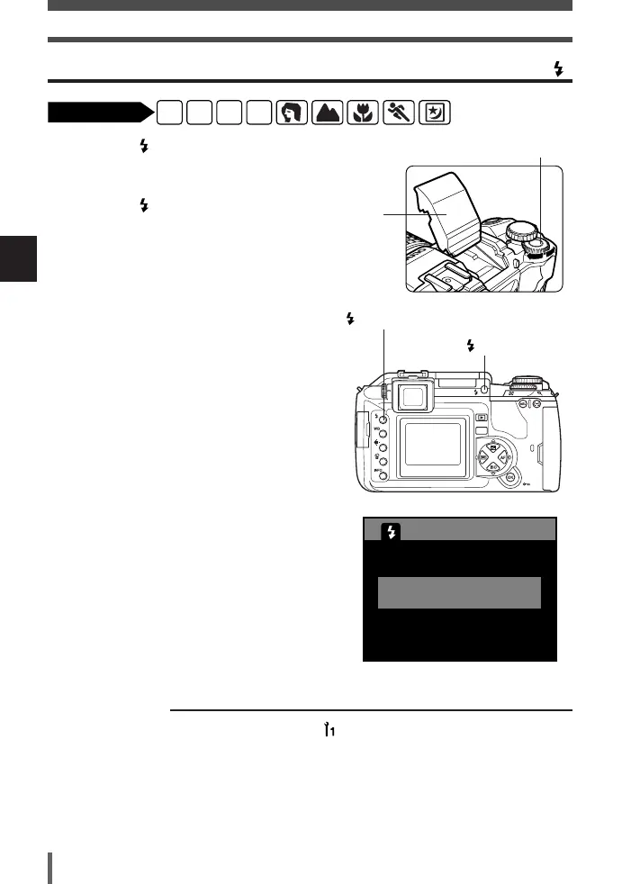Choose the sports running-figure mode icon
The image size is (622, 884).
(398, 112)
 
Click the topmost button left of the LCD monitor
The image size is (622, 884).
(384, 419)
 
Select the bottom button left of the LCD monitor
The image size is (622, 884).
(384, 478)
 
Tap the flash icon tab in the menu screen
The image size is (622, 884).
(391, 532)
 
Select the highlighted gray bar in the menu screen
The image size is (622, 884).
(459, 593)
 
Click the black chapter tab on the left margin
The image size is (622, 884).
(18, 260)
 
